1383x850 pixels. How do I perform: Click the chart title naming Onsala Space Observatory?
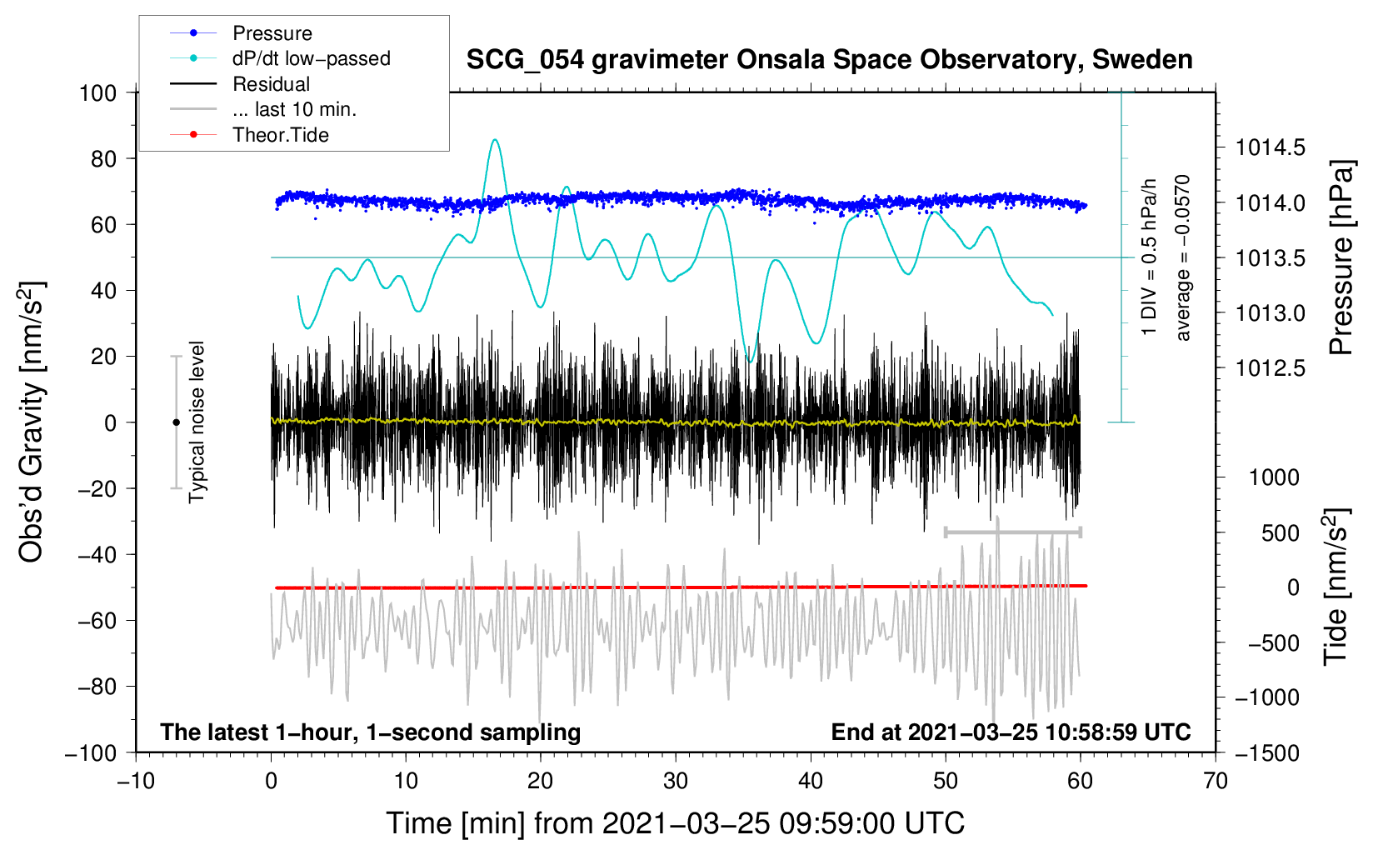coord(829,60)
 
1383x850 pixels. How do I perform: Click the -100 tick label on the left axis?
coord(91,752)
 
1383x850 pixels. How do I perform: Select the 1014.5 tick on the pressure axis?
coord(1270,148)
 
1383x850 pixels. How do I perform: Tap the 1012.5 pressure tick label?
coord(1270,368)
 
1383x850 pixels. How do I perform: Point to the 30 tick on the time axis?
coord(676,781)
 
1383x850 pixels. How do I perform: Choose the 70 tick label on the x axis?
coord(1216,781)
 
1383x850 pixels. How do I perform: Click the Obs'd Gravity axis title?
coord(32,422)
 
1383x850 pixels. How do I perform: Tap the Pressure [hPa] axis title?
coord(1341,258)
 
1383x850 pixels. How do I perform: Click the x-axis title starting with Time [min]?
coord(675,823)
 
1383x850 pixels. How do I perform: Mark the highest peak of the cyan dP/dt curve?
coord(496,140)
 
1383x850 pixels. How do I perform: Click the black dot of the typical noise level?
coord(176,422)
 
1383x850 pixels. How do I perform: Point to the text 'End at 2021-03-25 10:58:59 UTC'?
coord(1011,732)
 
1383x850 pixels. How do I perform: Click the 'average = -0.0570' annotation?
coord(1183,257)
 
